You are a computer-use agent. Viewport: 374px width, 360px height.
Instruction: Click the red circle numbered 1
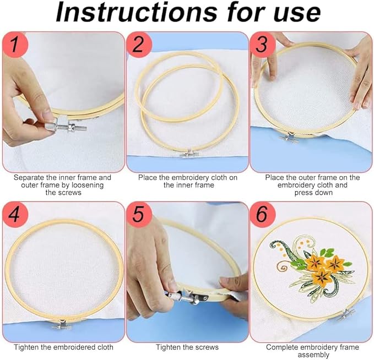coord(15,45)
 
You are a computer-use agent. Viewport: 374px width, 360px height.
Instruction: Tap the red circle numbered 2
coord(139,45)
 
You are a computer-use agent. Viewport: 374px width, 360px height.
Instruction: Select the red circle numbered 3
coord(263,45)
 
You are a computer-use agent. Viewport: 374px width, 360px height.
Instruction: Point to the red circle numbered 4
coord(15,214)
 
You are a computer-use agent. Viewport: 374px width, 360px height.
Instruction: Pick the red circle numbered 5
coord(139,214)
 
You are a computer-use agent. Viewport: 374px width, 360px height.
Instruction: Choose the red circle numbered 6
coord(263,214)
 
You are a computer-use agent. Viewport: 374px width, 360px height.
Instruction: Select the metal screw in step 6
coord(346,314)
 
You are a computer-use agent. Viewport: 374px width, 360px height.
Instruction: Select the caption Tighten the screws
coord(187,347)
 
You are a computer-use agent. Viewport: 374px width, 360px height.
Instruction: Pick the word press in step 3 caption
coord(303,193)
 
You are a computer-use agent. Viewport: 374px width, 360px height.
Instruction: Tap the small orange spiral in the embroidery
coord(282,266)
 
